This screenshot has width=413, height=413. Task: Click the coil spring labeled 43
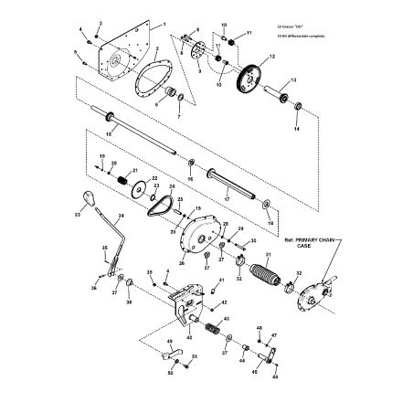coord(210,327)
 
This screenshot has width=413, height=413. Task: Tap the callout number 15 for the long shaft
coord(109,134)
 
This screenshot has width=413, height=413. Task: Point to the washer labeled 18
coord(266,202)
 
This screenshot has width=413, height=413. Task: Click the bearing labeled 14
coord(298,108)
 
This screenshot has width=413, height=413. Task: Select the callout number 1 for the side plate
coord(164,20)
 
